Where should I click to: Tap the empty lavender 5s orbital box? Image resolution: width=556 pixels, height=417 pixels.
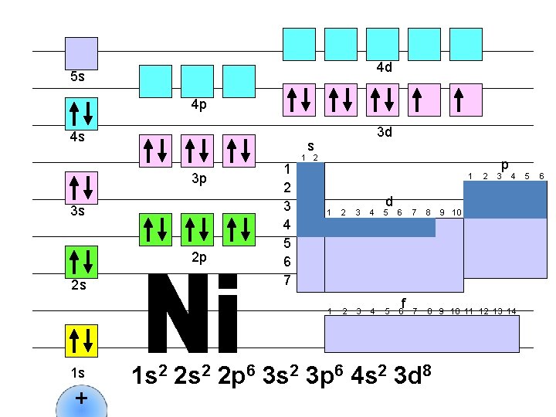(x=80, y=52)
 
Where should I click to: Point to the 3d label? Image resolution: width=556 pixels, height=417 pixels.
(x=384, y=132)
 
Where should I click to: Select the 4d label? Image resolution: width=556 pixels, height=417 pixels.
(x=384, y=68)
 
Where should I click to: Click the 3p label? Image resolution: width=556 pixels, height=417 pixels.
(x=198, y=180)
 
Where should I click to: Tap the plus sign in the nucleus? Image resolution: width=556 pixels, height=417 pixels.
(x=80, y=399)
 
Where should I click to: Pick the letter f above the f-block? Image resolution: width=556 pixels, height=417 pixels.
(x=403, y=302)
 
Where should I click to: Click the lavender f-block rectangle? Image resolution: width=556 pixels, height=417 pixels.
(x=422, y=334)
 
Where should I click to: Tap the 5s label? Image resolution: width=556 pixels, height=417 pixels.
(x=77, y=77)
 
